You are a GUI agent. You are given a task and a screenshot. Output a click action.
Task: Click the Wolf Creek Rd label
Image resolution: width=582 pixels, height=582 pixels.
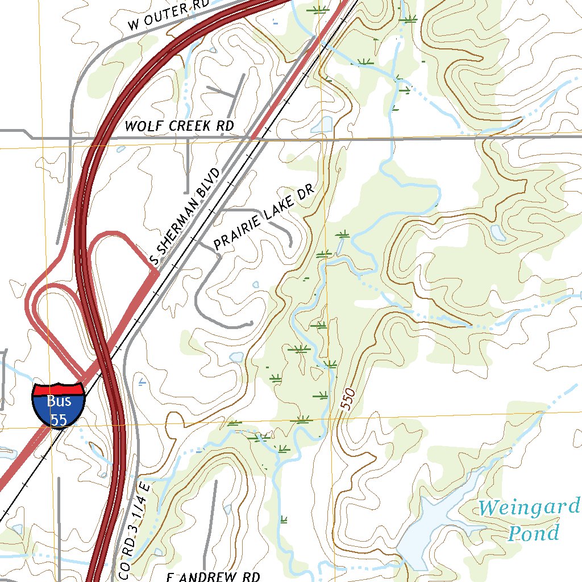point(179,126)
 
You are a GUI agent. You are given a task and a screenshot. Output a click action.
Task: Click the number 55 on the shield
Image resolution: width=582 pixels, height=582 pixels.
point(59,419)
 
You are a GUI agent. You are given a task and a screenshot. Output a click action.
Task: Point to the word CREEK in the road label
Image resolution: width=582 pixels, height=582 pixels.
point(186,126)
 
